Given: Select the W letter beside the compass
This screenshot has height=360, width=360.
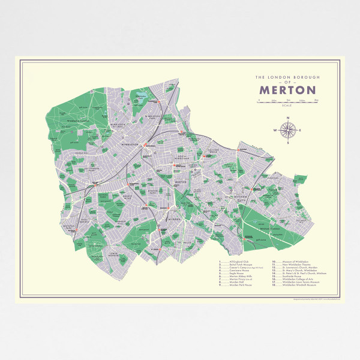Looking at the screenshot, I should click(275, 130).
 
